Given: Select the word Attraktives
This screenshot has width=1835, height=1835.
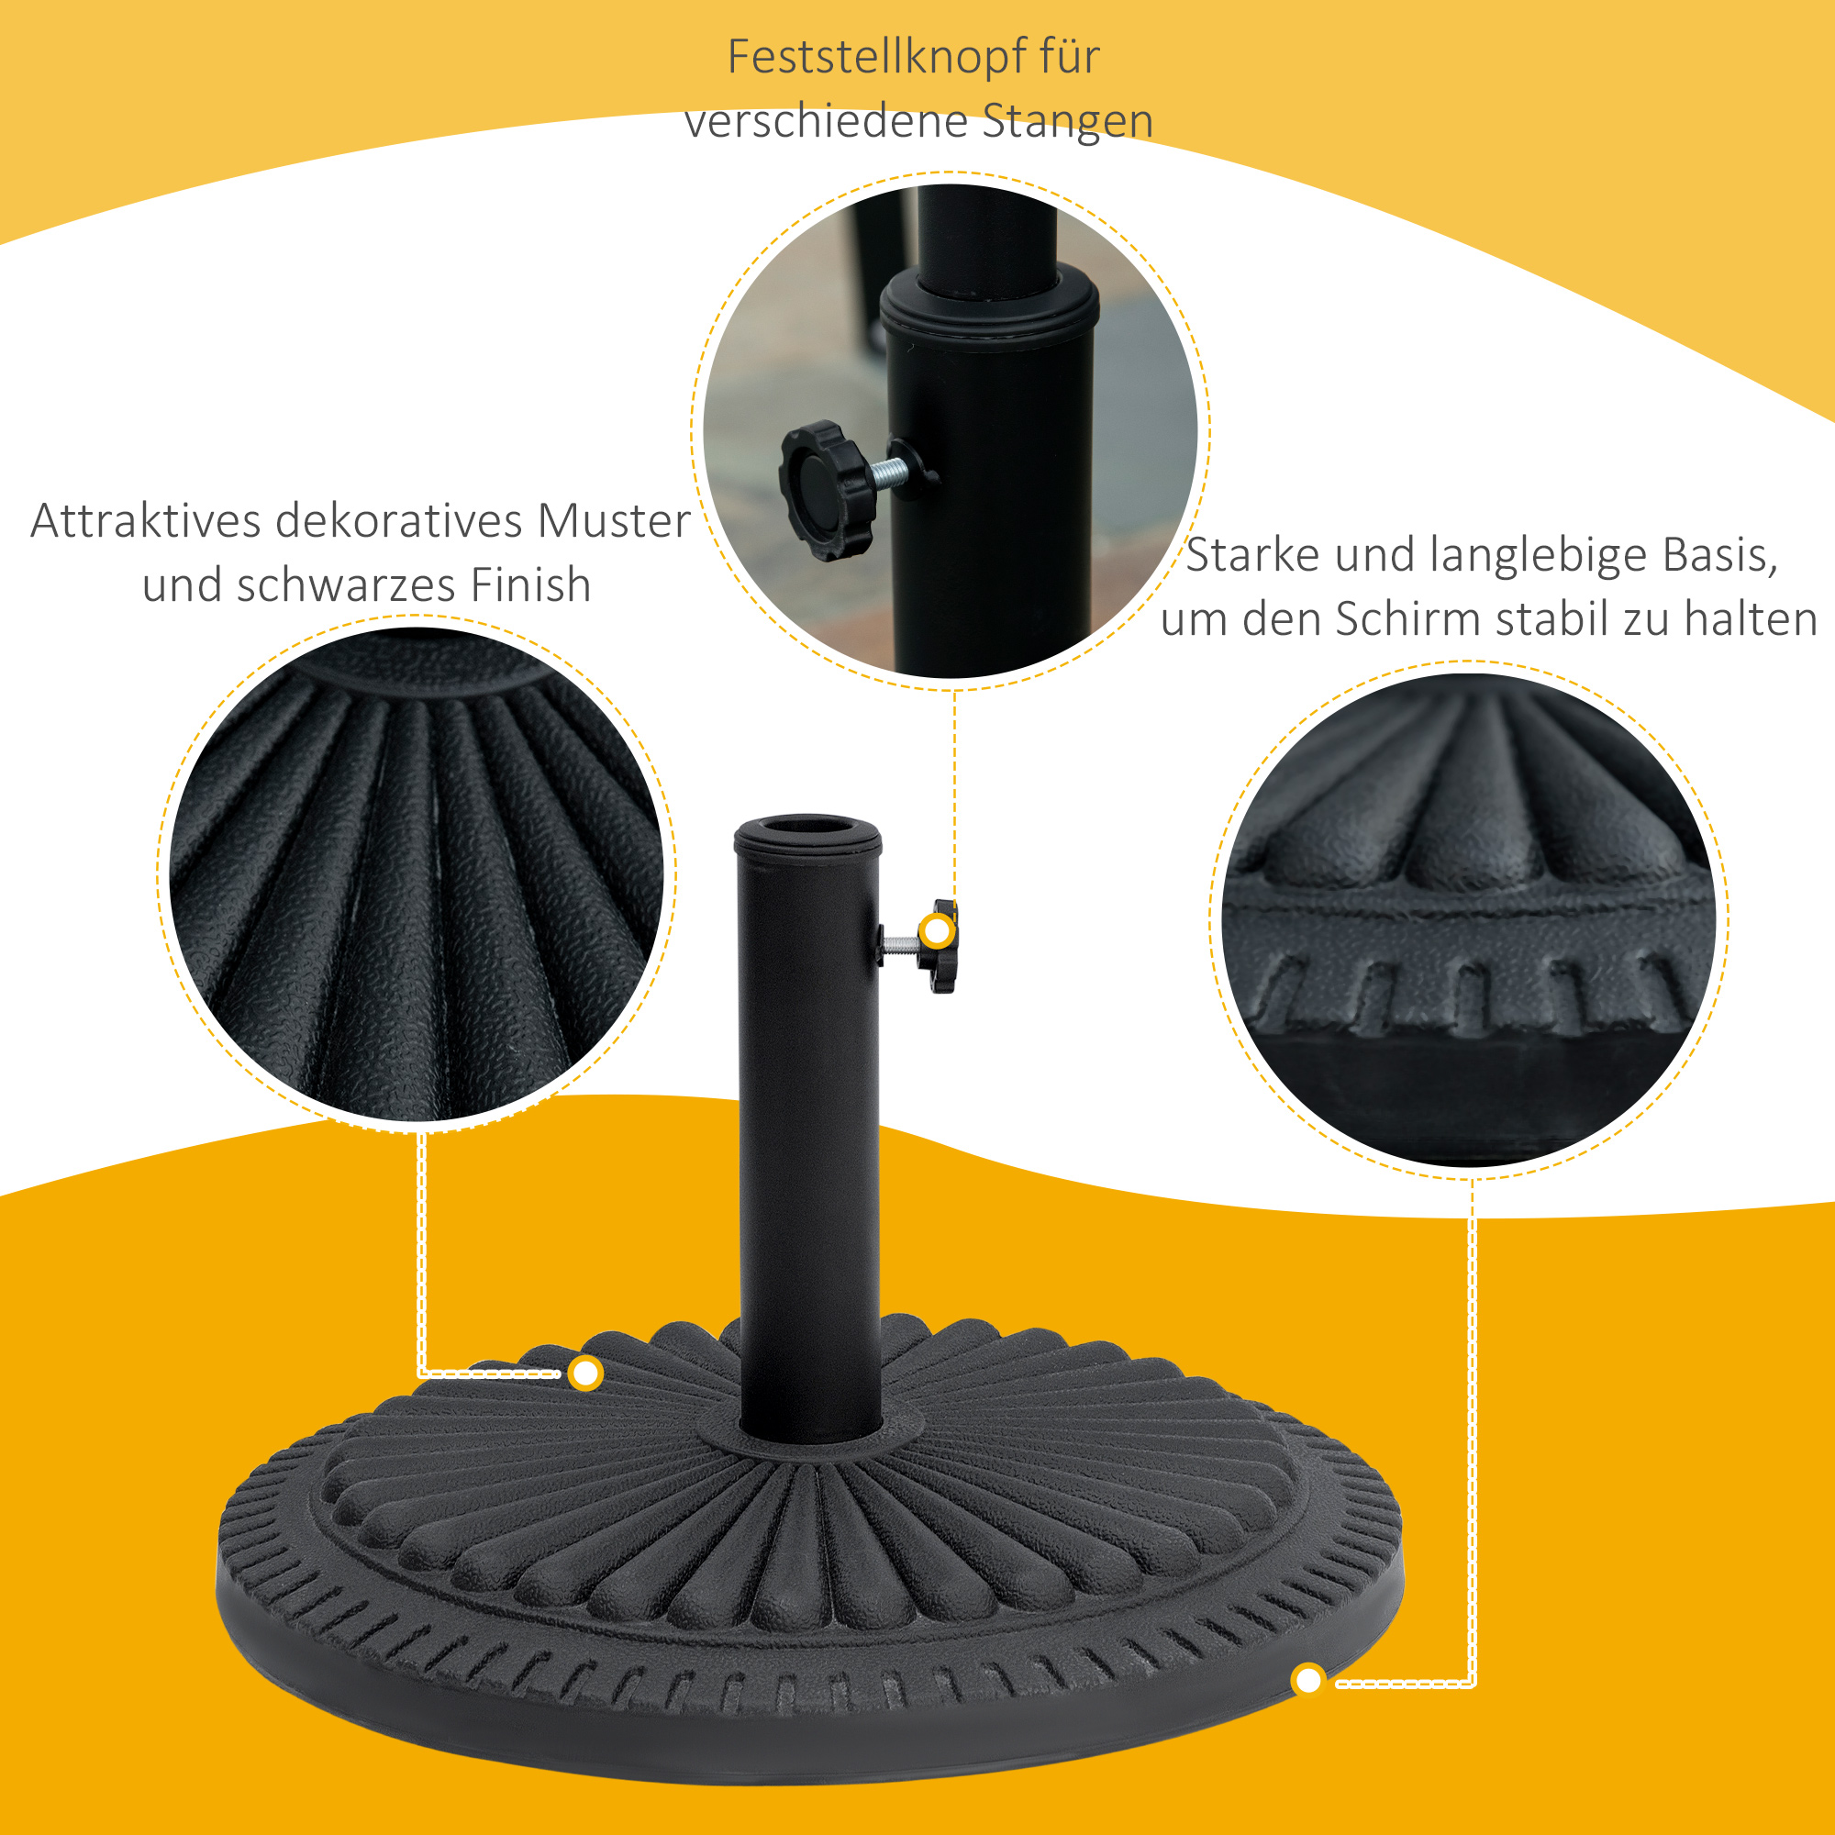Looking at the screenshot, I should point(145,520).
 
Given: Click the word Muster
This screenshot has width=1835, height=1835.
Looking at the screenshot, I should point(614,520).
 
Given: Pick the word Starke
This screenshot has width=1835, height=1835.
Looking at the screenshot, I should point(1252,555).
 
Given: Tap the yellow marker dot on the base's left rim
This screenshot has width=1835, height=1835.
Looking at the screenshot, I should point(586,1373).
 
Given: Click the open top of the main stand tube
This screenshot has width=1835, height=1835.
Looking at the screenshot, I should point(807,825).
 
